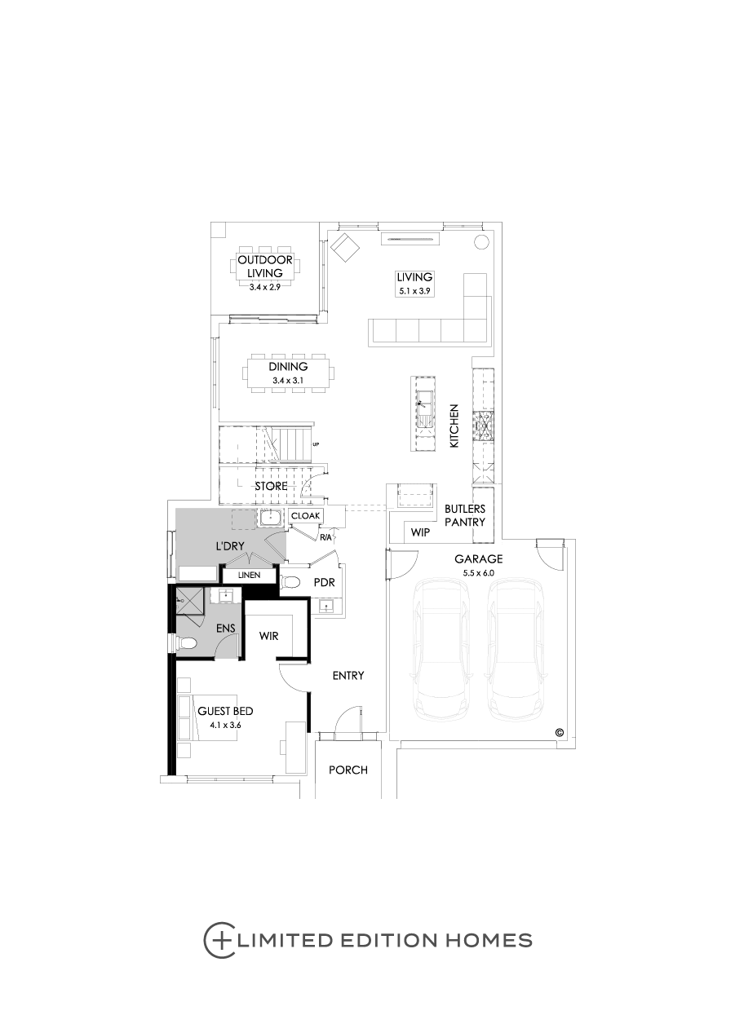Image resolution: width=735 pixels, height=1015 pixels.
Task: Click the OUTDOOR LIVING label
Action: click(266, 267)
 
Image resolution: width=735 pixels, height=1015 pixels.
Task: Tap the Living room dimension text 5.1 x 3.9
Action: click(414, 290)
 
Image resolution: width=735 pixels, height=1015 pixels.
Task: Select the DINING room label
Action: click(289, 368)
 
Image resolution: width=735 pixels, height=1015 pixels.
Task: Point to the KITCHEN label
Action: click(455, 426)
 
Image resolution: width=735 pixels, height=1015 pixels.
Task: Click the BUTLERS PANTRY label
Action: click(465, 516)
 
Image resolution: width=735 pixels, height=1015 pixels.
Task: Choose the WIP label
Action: click(420, 532)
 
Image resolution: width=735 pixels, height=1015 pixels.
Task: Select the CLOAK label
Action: click(306, 516)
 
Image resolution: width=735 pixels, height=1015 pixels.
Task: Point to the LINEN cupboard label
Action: click(249, 576)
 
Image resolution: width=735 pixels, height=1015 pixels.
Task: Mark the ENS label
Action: click(226, 629)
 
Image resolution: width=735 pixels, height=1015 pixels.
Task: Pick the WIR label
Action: click(269, 635)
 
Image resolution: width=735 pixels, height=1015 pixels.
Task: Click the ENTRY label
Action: click(348, 676)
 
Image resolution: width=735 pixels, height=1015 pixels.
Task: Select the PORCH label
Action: click(348, 770)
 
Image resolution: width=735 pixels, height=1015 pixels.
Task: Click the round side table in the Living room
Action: click(481, 242)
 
